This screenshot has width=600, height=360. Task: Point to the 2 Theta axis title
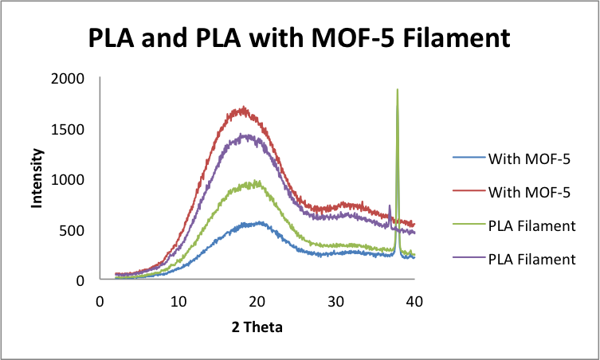coord(257,326)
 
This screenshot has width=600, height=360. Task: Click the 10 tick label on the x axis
coord(178,302)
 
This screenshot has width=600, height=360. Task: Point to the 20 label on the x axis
coord(257,302)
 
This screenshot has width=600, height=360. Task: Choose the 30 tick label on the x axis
coord(335,302)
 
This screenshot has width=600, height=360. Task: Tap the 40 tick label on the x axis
coord(414,302)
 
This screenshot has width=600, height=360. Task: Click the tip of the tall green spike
coord(398,90)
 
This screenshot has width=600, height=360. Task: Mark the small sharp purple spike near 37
coord(389,205)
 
